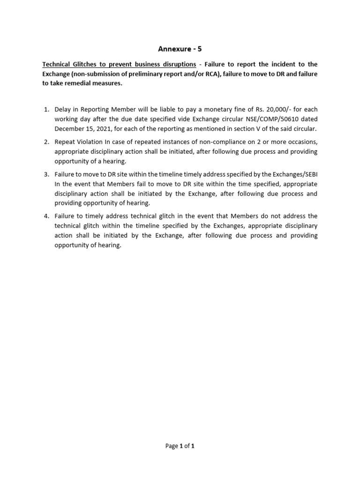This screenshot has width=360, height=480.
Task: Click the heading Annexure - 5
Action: point(180,48)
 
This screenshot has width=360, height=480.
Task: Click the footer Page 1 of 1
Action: point(180,446)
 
